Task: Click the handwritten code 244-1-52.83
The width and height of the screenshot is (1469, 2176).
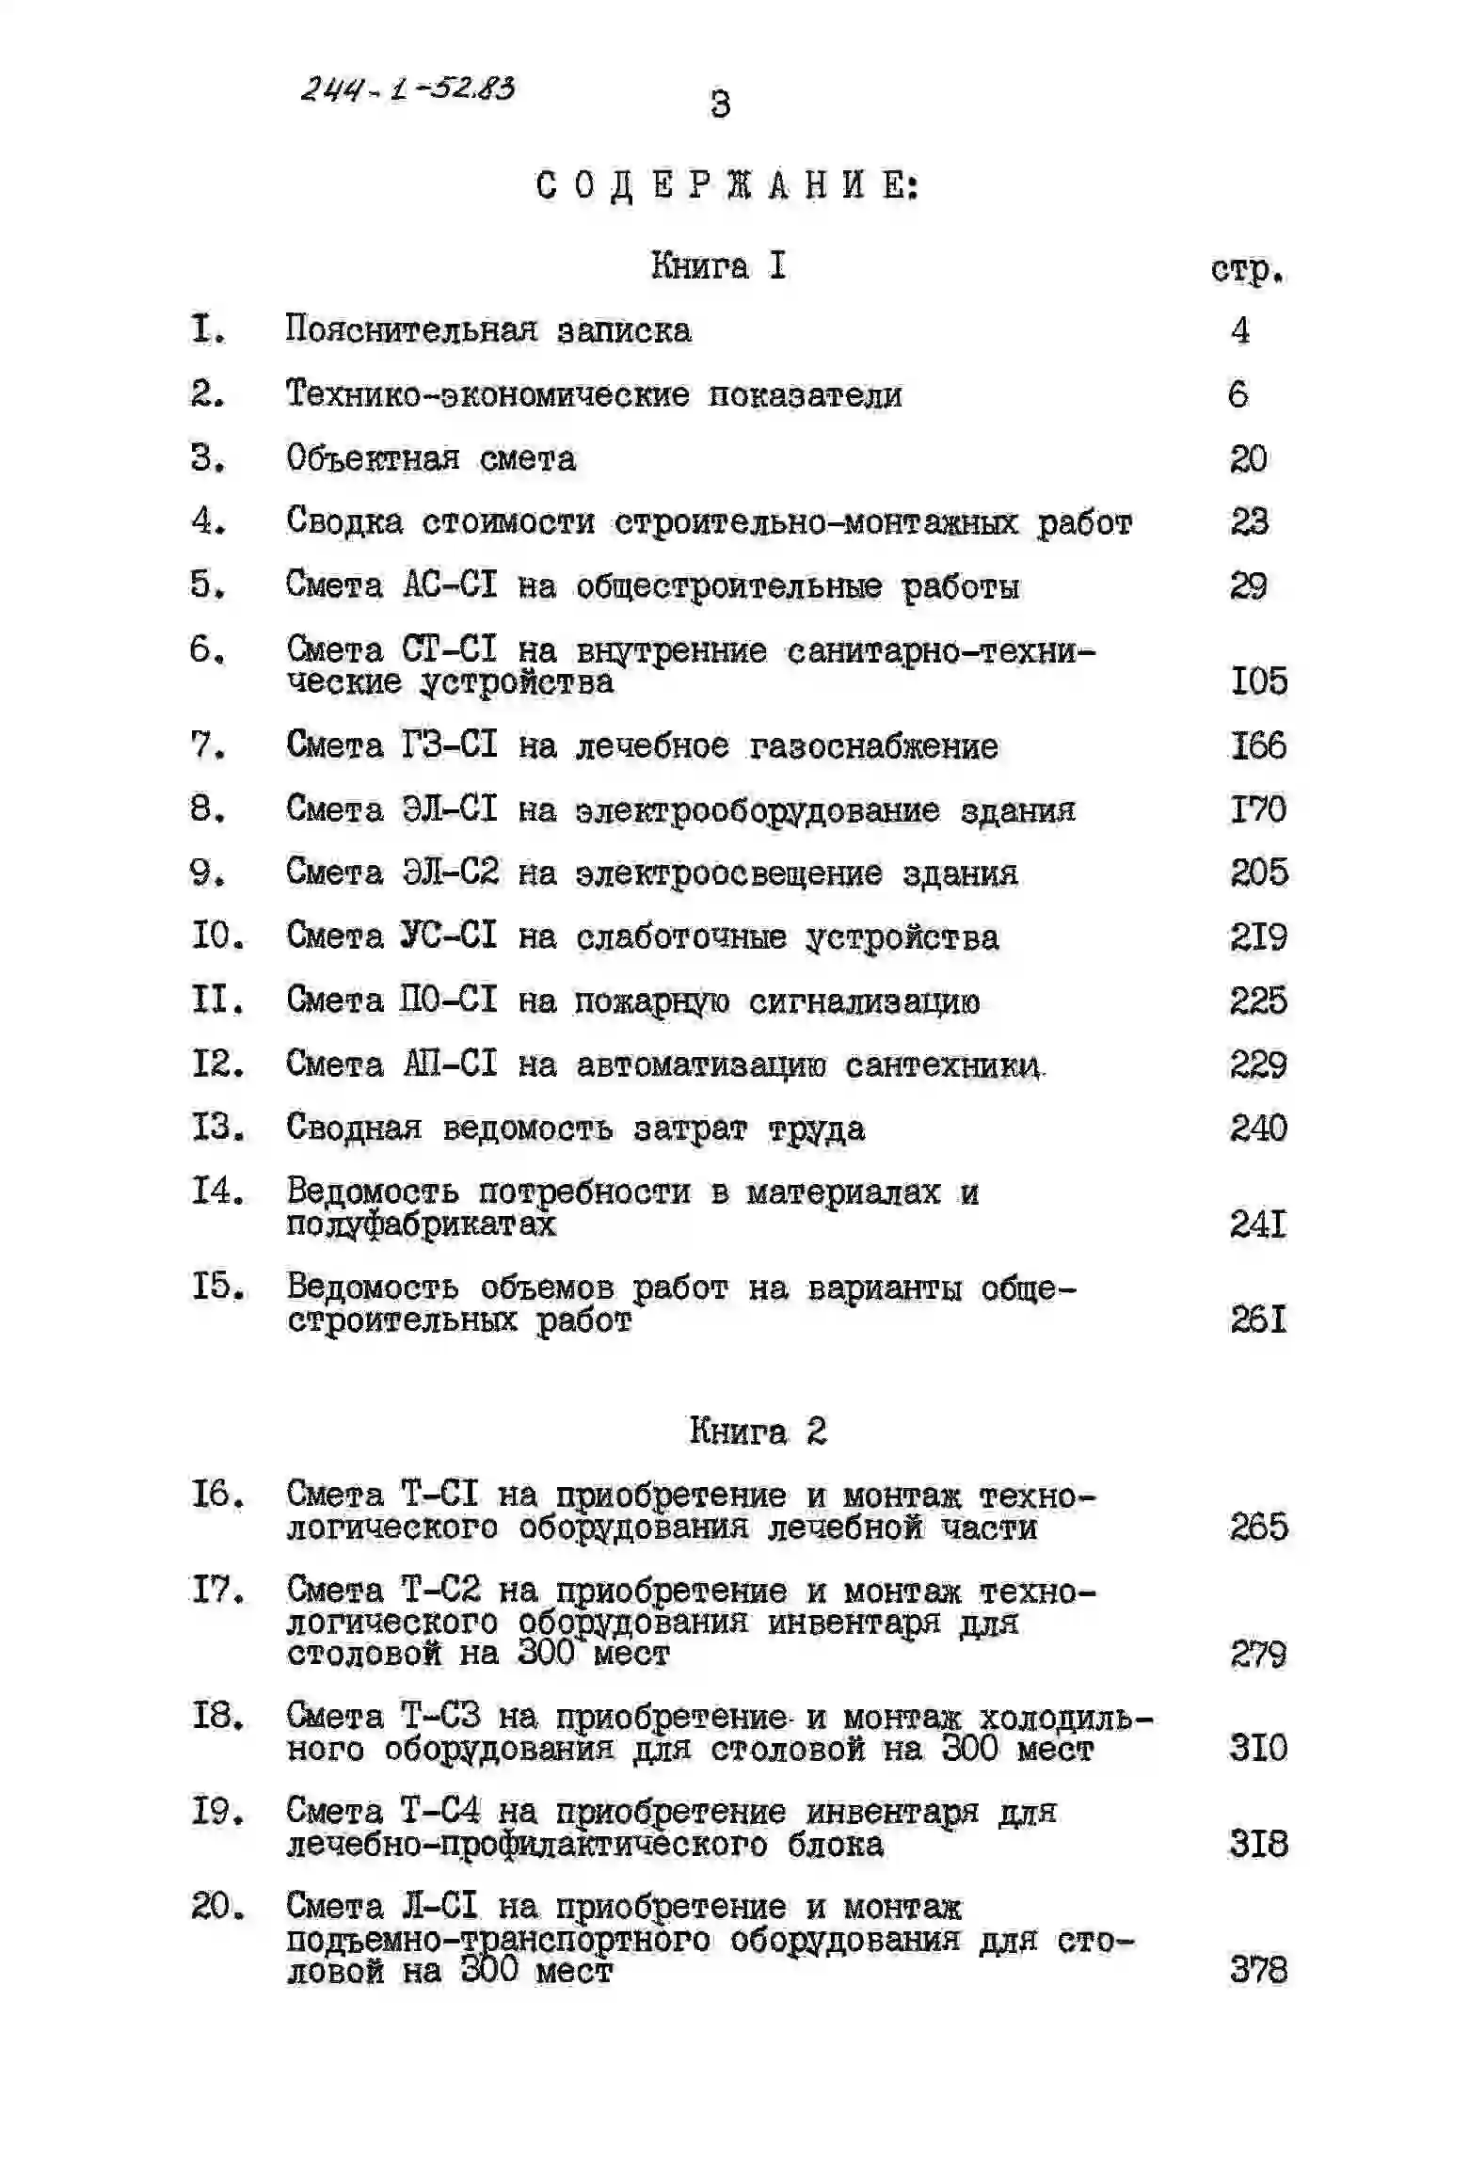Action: tap(407, 88)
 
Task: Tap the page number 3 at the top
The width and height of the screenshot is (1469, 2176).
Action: tap(720, 104)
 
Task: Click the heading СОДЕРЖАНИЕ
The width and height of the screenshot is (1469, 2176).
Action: tap(727, 185)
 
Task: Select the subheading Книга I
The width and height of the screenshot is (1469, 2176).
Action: tap(718, 266)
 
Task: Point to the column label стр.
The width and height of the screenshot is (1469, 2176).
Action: tap(1247, 270)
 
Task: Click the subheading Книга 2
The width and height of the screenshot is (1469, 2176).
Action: tap(758, 1431)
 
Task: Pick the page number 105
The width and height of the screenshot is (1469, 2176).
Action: tap(1258, 680)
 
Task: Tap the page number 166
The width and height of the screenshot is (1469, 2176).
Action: tap(1258, 745)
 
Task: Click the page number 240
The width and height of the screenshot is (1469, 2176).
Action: tap(1258, 1128)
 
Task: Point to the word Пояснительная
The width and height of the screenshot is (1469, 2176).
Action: tap(411, 329)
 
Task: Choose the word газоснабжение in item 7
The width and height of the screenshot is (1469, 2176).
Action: tap(873, 746)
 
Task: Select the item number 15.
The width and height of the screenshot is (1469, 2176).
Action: tap(218, 1286)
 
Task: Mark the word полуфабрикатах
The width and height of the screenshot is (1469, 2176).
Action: tap(421, 1224)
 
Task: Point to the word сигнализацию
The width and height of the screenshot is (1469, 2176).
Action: tap(864, 1001)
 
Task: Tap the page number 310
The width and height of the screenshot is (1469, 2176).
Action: tap(1258, 1748)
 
